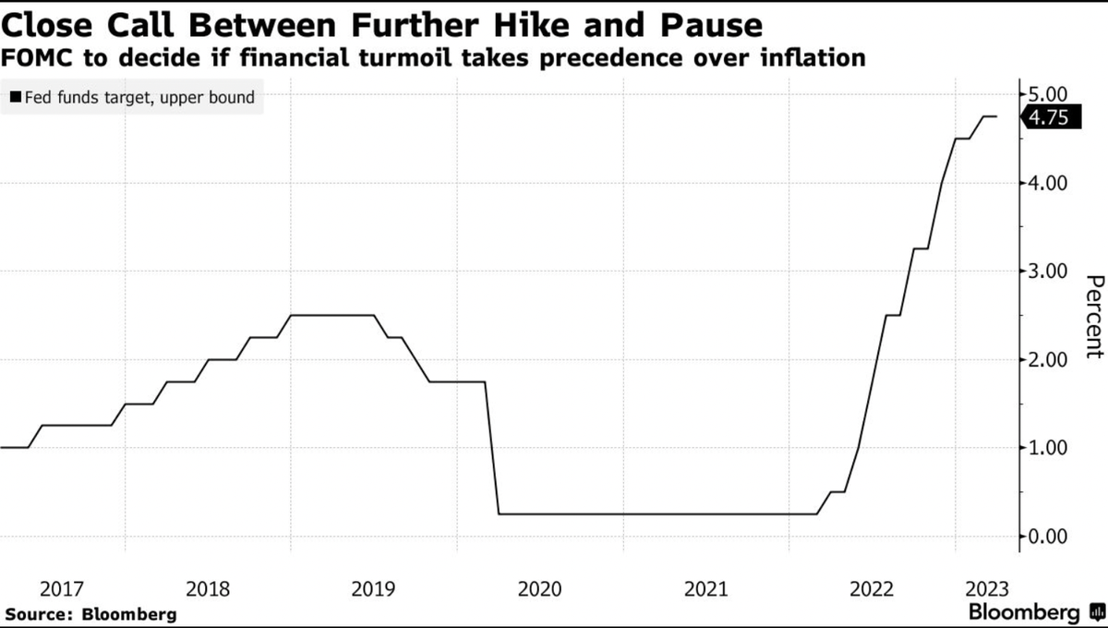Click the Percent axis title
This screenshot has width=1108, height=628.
[1094, 316]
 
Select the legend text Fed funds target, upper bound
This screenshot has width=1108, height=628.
[139, 97]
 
